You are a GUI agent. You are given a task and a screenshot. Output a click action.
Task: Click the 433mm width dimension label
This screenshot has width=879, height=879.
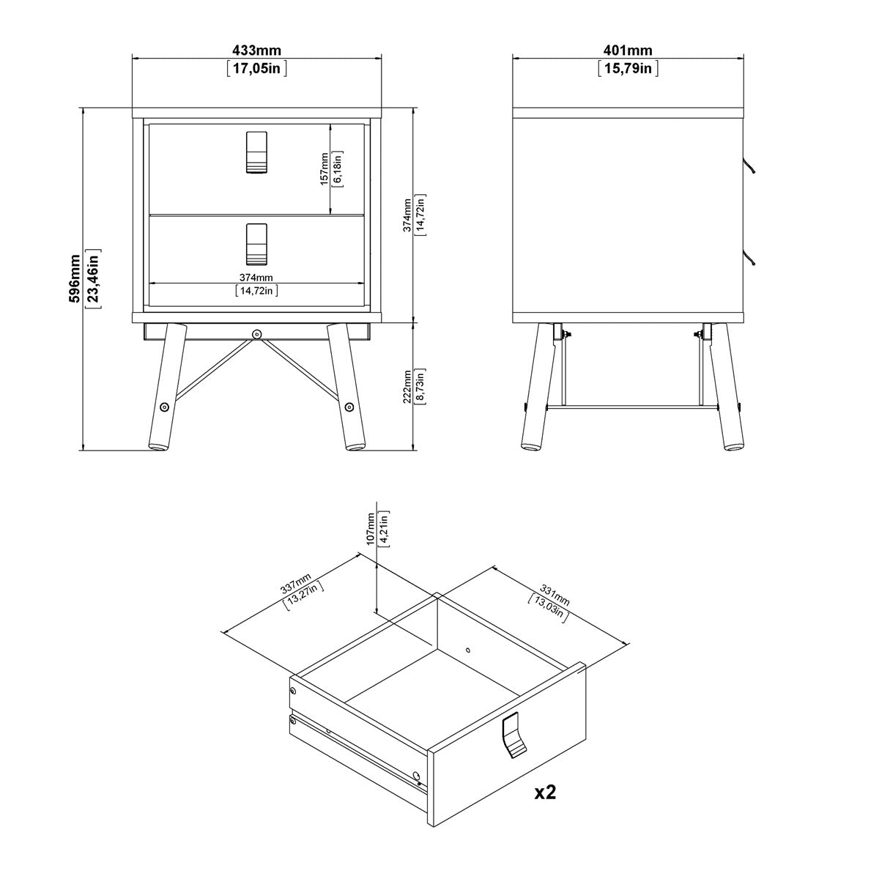256,51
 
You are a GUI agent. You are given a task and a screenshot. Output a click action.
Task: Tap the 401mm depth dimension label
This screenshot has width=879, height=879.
628,51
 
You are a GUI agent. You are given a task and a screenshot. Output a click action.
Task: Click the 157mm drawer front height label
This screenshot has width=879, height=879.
325,168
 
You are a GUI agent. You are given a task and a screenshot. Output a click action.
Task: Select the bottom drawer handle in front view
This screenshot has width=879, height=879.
256,243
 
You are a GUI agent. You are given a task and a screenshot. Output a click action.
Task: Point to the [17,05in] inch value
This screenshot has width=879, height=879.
256,70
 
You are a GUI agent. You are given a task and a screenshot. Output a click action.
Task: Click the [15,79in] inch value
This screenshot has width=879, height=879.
628,70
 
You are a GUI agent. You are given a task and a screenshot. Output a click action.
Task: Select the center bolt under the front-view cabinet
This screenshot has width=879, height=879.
256,334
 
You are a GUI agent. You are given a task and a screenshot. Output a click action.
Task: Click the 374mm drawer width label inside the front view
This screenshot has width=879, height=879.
256,277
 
